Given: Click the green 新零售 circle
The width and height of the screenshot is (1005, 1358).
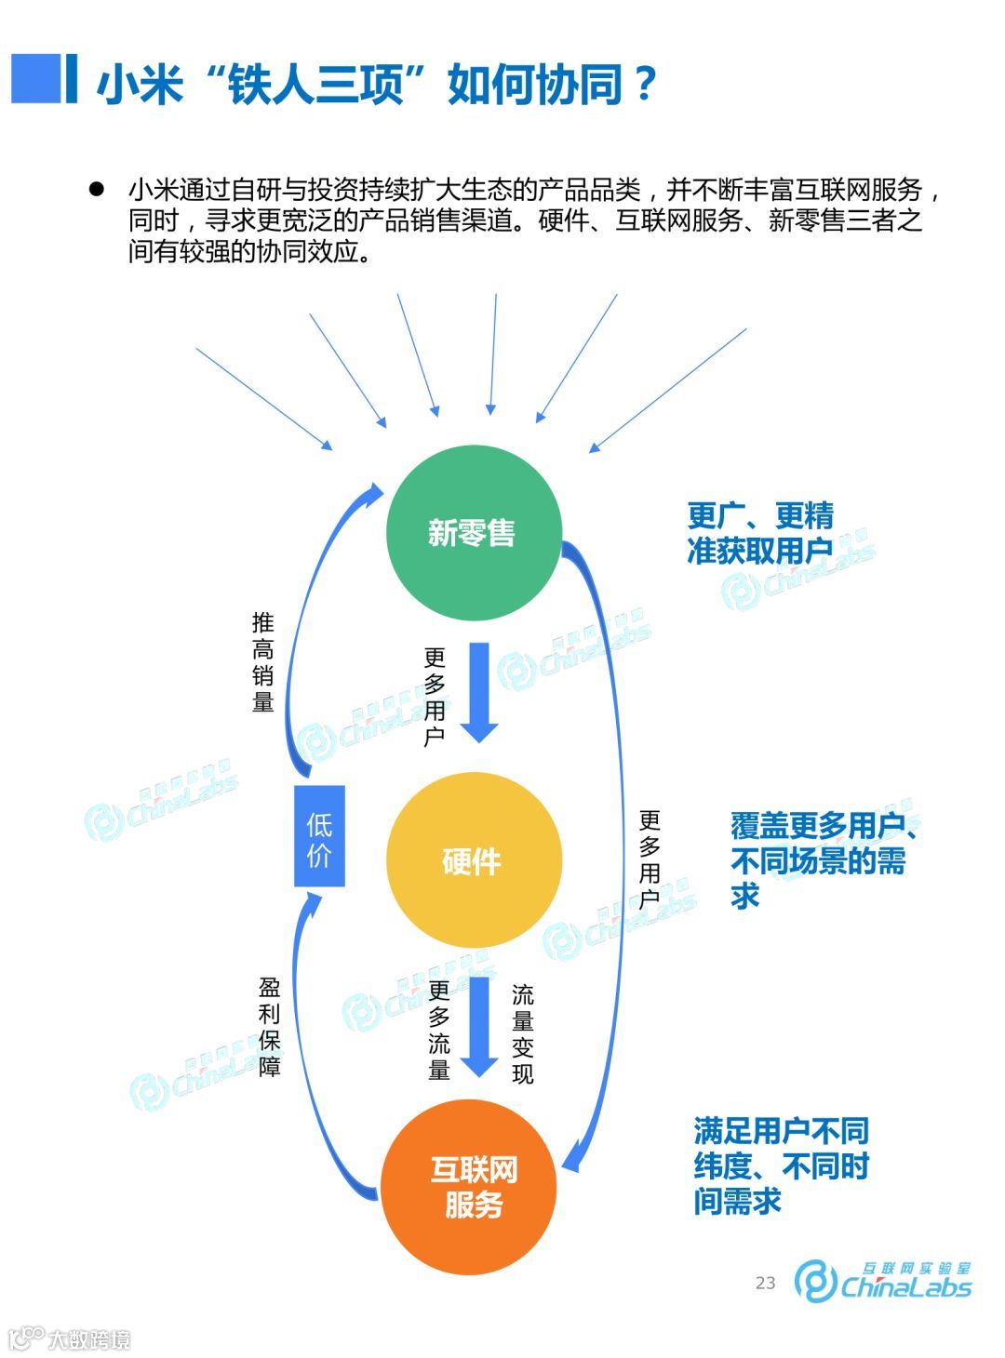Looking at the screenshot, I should [x=473, y=532].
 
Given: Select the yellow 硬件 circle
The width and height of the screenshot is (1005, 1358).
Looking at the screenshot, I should [x=473, y=861].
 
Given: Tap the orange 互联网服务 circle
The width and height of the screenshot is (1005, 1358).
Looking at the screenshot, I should [x=471, y=1187].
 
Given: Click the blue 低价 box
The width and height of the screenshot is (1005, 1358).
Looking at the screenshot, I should [x=319, y=835].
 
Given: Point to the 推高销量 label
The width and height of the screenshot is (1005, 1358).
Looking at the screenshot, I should [x=263, y=662].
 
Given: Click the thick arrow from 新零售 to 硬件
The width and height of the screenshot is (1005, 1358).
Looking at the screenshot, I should [x=479, y=692].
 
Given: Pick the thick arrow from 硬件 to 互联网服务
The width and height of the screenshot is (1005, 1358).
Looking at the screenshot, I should [x=479, y=1023].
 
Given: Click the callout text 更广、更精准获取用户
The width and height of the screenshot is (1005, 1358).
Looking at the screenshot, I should [x=760, y=533].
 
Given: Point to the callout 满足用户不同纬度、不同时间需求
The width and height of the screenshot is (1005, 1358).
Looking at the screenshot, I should [x=781, y=1165].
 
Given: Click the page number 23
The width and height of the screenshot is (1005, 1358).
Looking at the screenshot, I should [x=765, y=1283].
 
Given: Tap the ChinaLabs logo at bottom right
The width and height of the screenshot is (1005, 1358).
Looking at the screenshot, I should [x=883, y=1282].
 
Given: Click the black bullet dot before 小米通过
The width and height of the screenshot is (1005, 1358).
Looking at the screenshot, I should [x=95, y=189].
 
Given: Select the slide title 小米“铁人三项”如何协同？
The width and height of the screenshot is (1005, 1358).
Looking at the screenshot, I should [x=377, y=85].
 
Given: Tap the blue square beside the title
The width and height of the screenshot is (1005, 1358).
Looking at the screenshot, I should [x=35, y=78].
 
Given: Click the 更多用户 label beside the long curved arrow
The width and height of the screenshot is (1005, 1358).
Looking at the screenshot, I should [x=650, y=859].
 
